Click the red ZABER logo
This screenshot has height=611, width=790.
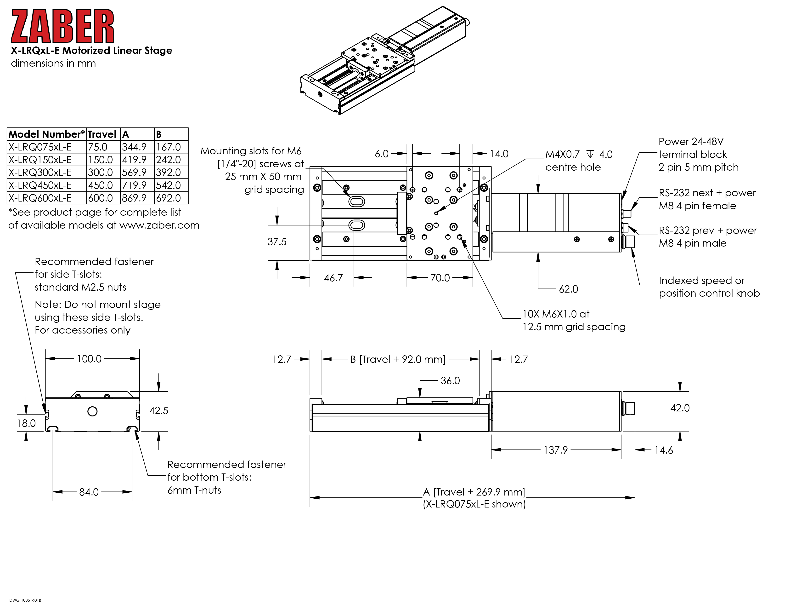62,26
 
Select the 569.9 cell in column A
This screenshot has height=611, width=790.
134,172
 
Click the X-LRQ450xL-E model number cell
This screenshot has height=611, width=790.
40,185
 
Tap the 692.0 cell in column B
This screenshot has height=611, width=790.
168,198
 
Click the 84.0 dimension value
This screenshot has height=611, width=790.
89,492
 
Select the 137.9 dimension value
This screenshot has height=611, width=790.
556,450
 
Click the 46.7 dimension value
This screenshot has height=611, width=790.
333,278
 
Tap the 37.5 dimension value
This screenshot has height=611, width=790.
277,242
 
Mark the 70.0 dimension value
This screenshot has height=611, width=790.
440,278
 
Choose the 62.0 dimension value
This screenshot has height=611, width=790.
568,289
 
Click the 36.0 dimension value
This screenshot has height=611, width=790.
450,381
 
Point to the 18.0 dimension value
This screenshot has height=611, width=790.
26,423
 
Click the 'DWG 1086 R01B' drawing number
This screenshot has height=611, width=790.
25,600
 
